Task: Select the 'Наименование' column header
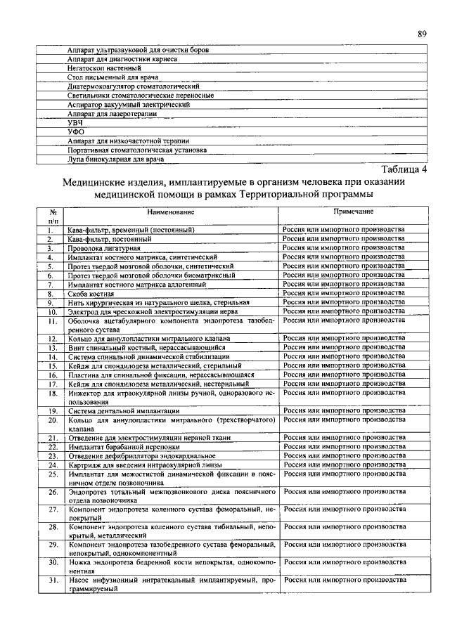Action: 171,212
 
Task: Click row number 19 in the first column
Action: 51,410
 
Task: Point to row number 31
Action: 51,580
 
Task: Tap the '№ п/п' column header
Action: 51,216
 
